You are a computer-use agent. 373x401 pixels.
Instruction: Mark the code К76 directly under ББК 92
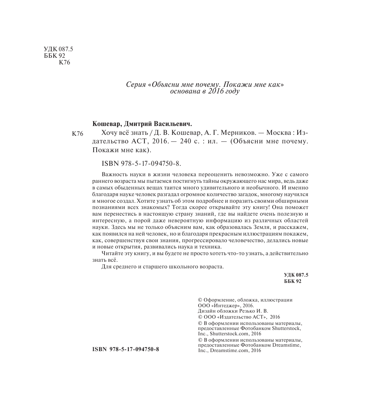(64, 63)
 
